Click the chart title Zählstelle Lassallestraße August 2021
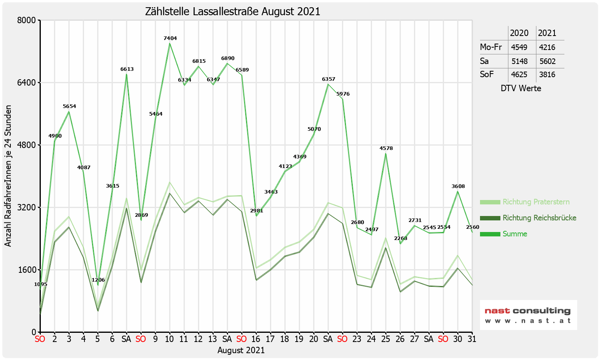tap(232, 11)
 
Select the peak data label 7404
tap(170, 38)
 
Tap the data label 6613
tap(127, 69)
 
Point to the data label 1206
tap(98, 280)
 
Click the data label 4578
tap(386, 148)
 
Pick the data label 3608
tap(458, 186)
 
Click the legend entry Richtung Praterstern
tap(536, 202)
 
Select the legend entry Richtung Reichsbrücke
tap(539, 218)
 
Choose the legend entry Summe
tap(514, 234)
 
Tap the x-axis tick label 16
tap(256, 339)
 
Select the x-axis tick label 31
tap(472, 339)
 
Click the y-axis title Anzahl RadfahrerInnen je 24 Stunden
tap(8, 176)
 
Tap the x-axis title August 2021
tap(241, 350)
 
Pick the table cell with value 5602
tap(547, 61)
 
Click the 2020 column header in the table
tap(519, 33)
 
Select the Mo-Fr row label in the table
tap(491, 47)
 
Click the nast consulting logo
tap(528, 315)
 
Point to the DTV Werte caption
tap(521, 88)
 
